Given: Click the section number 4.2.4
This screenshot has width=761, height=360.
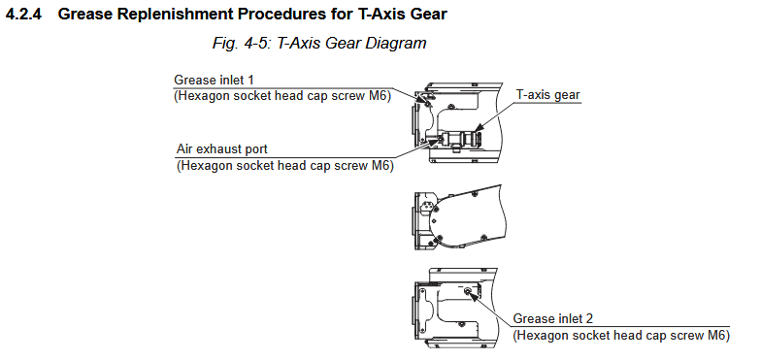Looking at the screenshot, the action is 23,14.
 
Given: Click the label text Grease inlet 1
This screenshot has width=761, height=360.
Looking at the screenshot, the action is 214,80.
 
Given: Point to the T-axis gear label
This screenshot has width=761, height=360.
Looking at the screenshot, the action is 547,95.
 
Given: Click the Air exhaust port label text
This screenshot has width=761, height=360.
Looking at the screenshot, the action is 221,148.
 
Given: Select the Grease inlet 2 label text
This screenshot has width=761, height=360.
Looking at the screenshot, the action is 553,318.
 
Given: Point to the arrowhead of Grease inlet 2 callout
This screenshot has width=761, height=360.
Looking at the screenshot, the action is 473,295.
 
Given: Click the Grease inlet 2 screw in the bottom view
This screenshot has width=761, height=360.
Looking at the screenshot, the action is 468,291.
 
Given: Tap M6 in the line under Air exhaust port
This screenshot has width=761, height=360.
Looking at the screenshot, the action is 382,165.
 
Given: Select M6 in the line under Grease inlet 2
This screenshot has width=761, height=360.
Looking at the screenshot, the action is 718,336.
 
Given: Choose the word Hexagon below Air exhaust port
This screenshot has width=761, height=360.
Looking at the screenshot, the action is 202,166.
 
